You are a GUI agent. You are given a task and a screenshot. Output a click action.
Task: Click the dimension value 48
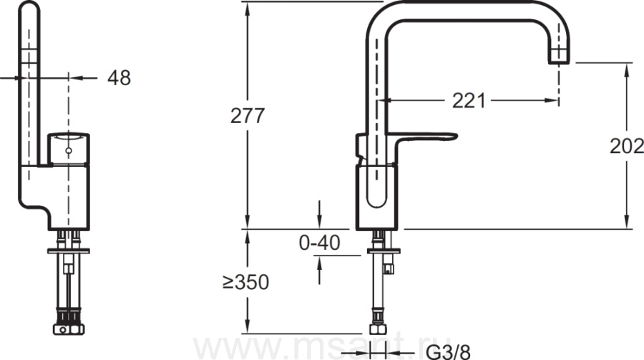click(x=119, y=78)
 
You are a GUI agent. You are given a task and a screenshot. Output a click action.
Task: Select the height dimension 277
click(x=248, y=116)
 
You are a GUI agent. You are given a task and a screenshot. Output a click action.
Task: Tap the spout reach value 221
click(x=469, y=101)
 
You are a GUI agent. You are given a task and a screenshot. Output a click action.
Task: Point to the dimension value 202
click(x=627, y=146)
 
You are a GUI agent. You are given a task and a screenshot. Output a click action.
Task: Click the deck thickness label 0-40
click(x=320, y=243)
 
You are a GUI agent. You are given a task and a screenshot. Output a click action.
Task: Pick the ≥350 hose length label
click(x=245, y=282)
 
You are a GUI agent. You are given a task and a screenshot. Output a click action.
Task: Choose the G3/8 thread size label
click(x=448, y=352)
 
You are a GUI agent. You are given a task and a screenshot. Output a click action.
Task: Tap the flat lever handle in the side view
click(x=423, y=137)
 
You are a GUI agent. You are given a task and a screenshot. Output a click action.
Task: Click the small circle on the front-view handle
click(x=69, y=151)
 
